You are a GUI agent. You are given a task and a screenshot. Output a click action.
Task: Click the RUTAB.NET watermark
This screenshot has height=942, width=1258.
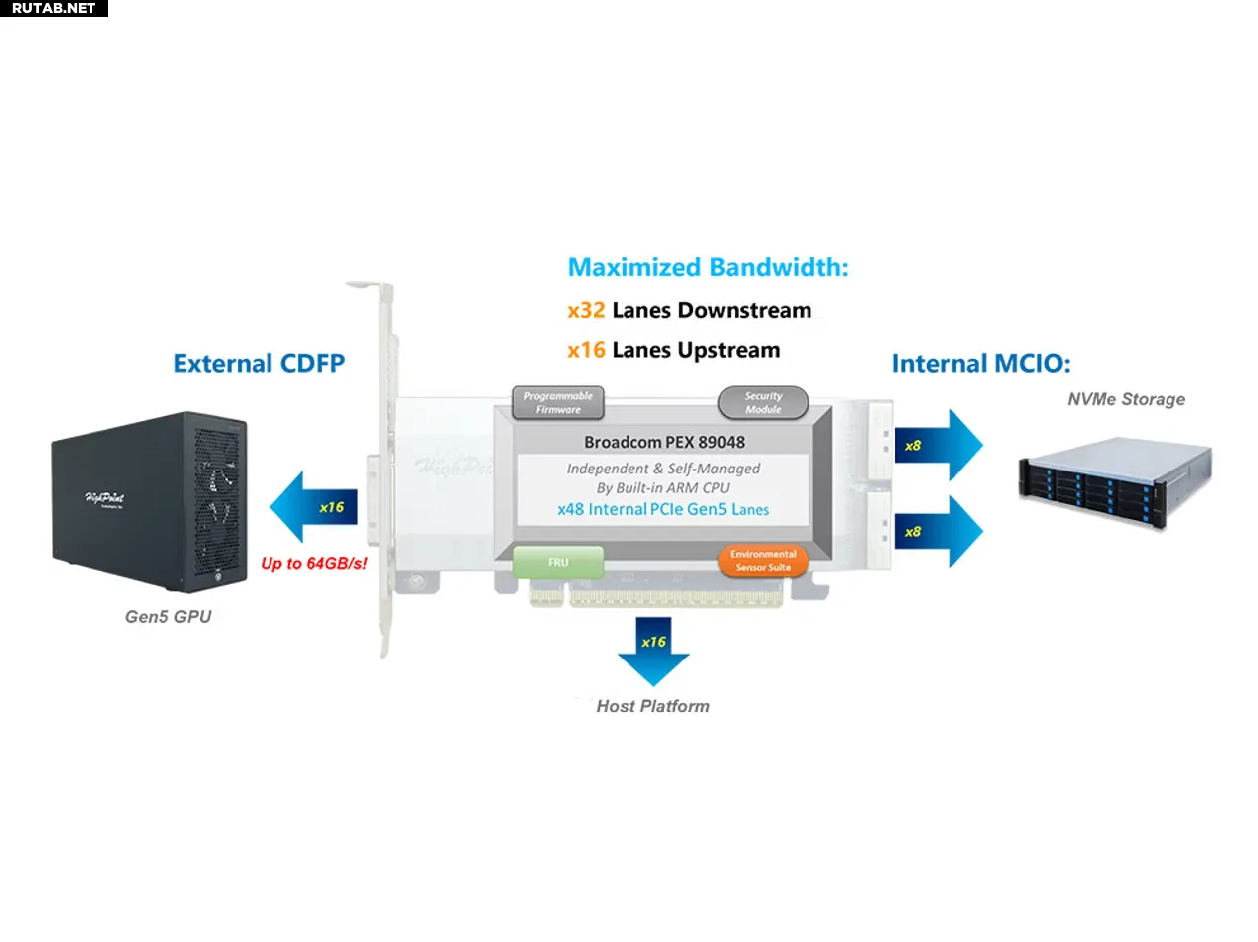54,8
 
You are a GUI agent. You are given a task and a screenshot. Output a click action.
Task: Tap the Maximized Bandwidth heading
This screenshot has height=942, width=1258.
707,267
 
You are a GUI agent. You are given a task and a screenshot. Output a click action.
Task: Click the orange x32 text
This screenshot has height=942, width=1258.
586,310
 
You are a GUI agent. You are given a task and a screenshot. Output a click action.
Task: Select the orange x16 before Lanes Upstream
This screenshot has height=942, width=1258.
586,350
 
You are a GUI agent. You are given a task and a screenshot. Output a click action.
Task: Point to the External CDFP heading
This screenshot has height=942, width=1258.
259,364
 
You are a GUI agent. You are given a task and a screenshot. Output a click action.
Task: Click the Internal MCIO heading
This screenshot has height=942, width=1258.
981,364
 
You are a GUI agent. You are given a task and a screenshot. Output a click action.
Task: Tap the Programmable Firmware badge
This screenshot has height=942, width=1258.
558,402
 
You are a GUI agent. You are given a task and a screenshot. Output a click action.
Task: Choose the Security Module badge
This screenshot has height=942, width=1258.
763,402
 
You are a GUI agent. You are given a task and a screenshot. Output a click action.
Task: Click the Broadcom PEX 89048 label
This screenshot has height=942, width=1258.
664,442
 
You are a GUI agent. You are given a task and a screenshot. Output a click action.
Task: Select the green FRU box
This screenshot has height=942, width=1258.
558,562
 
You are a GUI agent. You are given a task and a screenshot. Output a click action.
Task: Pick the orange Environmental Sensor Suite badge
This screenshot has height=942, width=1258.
763,560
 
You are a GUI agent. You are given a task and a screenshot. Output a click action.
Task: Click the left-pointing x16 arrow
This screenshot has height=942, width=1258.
313,507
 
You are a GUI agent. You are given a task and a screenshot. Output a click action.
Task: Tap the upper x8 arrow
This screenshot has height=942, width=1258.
938,446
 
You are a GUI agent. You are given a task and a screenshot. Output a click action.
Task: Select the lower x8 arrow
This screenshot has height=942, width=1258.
938,532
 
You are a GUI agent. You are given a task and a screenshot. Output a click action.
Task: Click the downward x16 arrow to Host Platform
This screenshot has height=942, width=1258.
653,652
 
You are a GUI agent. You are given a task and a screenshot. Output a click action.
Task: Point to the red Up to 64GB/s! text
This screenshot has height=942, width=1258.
313,564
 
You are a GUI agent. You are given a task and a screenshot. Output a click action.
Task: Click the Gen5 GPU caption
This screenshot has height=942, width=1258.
168,617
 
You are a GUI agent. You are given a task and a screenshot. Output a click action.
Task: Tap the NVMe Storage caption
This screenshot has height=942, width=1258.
1126,399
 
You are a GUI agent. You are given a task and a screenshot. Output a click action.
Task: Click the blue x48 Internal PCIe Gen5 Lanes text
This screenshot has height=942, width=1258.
662,509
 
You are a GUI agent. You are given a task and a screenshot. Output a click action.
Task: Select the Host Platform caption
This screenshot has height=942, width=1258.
652,706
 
